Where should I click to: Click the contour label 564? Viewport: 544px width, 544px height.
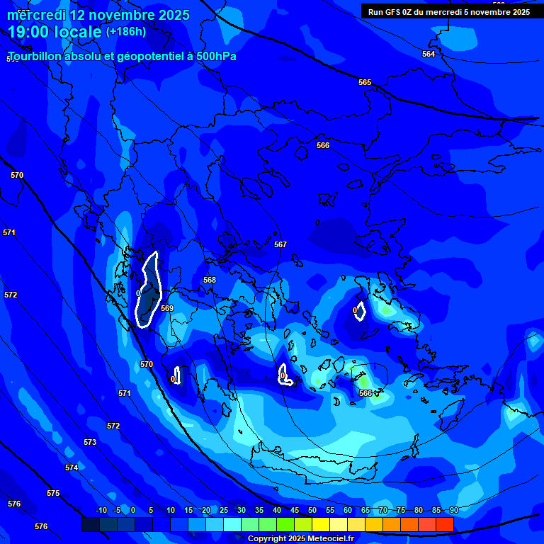point(429,55)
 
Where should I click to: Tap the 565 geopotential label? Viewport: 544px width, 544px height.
point(365,83)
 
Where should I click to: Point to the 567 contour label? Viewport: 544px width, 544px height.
point(280,244)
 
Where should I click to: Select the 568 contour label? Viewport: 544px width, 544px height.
point(210,280)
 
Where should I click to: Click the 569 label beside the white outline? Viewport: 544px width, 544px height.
point(167,308)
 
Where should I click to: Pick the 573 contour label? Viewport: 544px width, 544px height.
point(90,442)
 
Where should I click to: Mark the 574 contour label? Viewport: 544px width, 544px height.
point(72,468)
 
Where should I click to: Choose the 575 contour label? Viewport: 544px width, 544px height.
point(53,493)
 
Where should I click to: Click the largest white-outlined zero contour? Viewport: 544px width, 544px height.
point(148,290)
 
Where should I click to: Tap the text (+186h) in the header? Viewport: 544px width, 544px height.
point(126,31)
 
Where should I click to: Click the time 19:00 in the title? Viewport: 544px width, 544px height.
point(33,32)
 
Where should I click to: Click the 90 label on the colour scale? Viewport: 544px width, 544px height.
point(454,511)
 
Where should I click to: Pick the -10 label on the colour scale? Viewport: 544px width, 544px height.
point(100,511)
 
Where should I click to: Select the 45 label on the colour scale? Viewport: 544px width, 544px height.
point(295,511)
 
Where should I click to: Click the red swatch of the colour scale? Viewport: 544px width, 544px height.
point(445,524)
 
